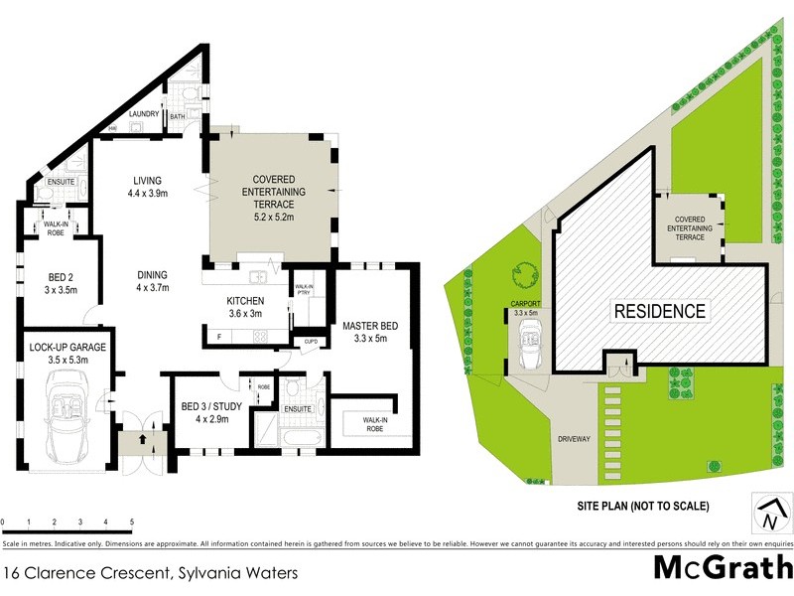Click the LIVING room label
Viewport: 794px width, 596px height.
(x=154, y=181)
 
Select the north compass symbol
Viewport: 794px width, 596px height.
(x=767, y=515)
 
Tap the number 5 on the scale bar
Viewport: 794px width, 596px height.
(x=131, y=521)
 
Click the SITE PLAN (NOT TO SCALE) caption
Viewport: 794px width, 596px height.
(x=643, y=506)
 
